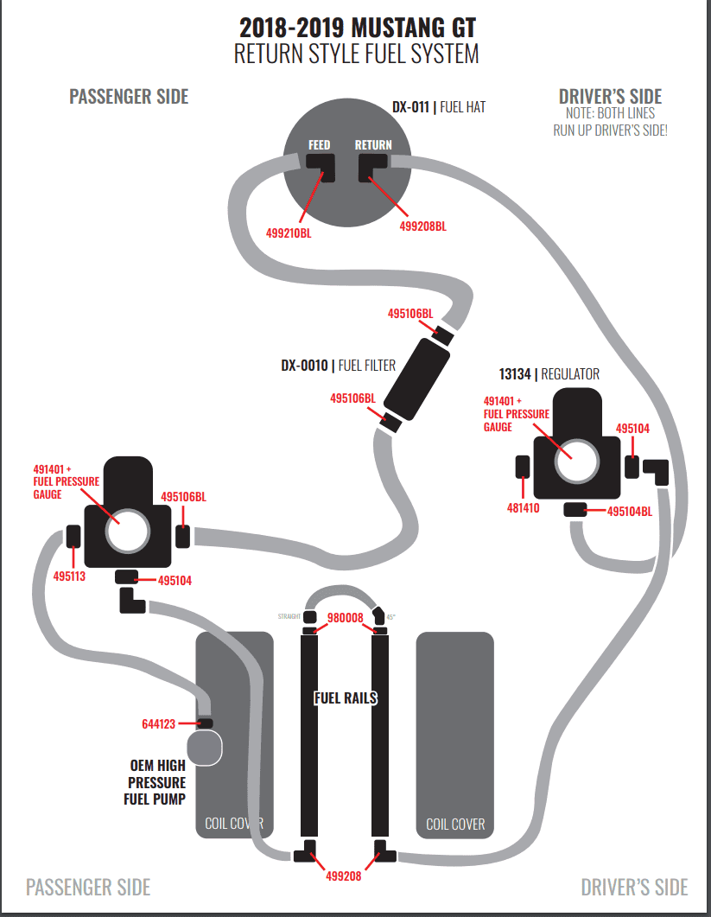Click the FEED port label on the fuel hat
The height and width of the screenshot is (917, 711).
(320, 144)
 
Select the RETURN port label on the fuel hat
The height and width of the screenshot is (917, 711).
(373, 144)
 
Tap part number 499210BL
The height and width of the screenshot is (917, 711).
(289, 232)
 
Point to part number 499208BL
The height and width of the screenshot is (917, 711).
(422, 226)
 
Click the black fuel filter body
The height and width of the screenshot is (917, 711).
(416, 379)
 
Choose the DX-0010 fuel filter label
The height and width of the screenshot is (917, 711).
(338, 366)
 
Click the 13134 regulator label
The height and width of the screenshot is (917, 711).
(549, 373)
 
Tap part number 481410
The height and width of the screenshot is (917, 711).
(524, 507)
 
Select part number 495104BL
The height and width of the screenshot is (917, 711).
(630, 511)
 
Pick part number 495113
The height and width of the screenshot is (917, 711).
(70, 576)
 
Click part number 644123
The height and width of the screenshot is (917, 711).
(158, 724)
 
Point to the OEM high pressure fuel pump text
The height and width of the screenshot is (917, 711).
(156, 782)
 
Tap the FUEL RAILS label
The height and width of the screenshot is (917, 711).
(346, 697)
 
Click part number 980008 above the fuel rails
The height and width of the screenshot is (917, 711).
(345, 618)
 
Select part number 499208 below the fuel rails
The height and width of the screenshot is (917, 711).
(344, 876)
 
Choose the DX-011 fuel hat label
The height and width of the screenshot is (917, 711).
(439, 107)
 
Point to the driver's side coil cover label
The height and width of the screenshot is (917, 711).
(455, 824)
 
